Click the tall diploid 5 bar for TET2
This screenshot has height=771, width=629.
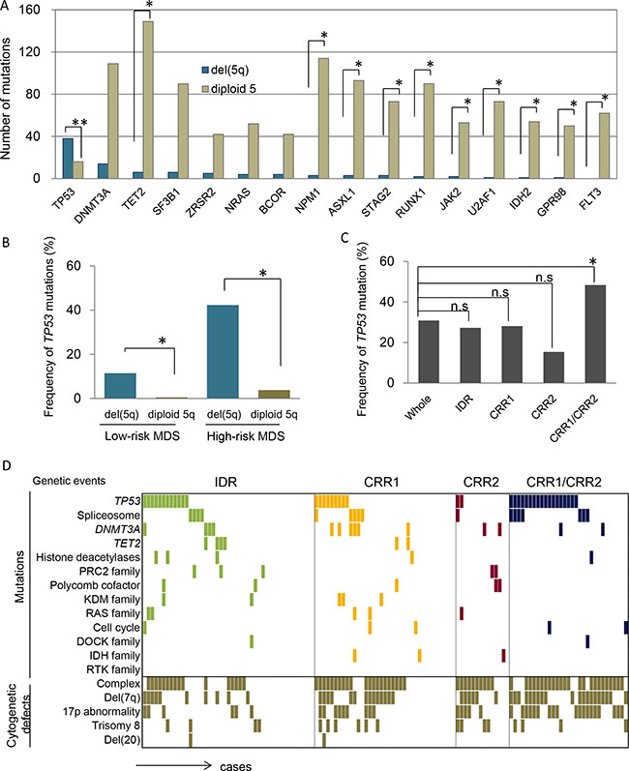pos(148,100)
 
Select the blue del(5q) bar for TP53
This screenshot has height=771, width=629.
pos(68,159)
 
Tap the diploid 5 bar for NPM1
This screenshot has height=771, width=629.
pos(323,118)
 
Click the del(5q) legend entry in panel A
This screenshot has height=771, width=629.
pos(225,71)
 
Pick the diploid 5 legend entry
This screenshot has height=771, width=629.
pos(228,89)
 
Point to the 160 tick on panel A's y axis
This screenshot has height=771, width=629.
pos(29,10)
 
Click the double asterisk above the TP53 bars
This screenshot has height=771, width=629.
pos(79,123)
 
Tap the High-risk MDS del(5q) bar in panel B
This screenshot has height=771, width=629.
pos(224,351)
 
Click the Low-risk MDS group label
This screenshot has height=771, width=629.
pos(142,436)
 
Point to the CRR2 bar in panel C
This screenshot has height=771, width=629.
pos(554,368)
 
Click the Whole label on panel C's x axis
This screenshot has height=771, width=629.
pos(417,407)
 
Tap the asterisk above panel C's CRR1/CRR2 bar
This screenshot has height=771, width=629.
pos(593,261)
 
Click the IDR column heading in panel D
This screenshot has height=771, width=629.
pos(225,482)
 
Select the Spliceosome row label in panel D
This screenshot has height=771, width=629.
pos(108,516)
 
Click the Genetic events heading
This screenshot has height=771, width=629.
pos(69,481)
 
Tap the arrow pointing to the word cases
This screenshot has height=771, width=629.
pos(173,764)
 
